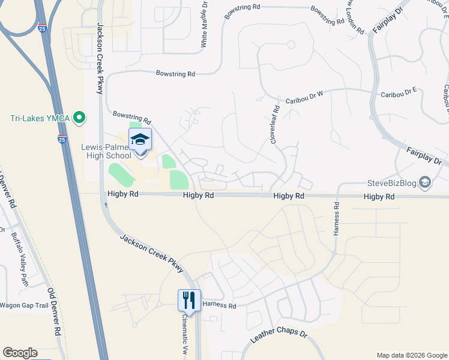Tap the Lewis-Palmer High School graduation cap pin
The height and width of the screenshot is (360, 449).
click(x=140, y=140)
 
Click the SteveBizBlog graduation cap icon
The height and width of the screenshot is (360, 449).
click(x=425, y=182)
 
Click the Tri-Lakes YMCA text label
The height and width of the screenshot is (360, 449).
click(x=40, y=118)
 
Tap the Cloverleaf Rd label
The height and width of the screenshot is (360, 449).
click(x=275, y=124)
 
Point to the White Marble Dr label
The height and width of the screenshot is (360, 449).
click(x=205, y=23)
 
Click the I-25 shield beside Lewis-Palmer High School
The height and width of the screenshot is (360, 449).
click(x=62, y=139)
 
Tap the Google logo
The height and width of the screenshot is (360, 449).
click(x=20, y=353)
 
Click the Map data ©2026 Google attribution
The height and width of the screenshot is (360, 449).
click(x=411, y=355)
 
